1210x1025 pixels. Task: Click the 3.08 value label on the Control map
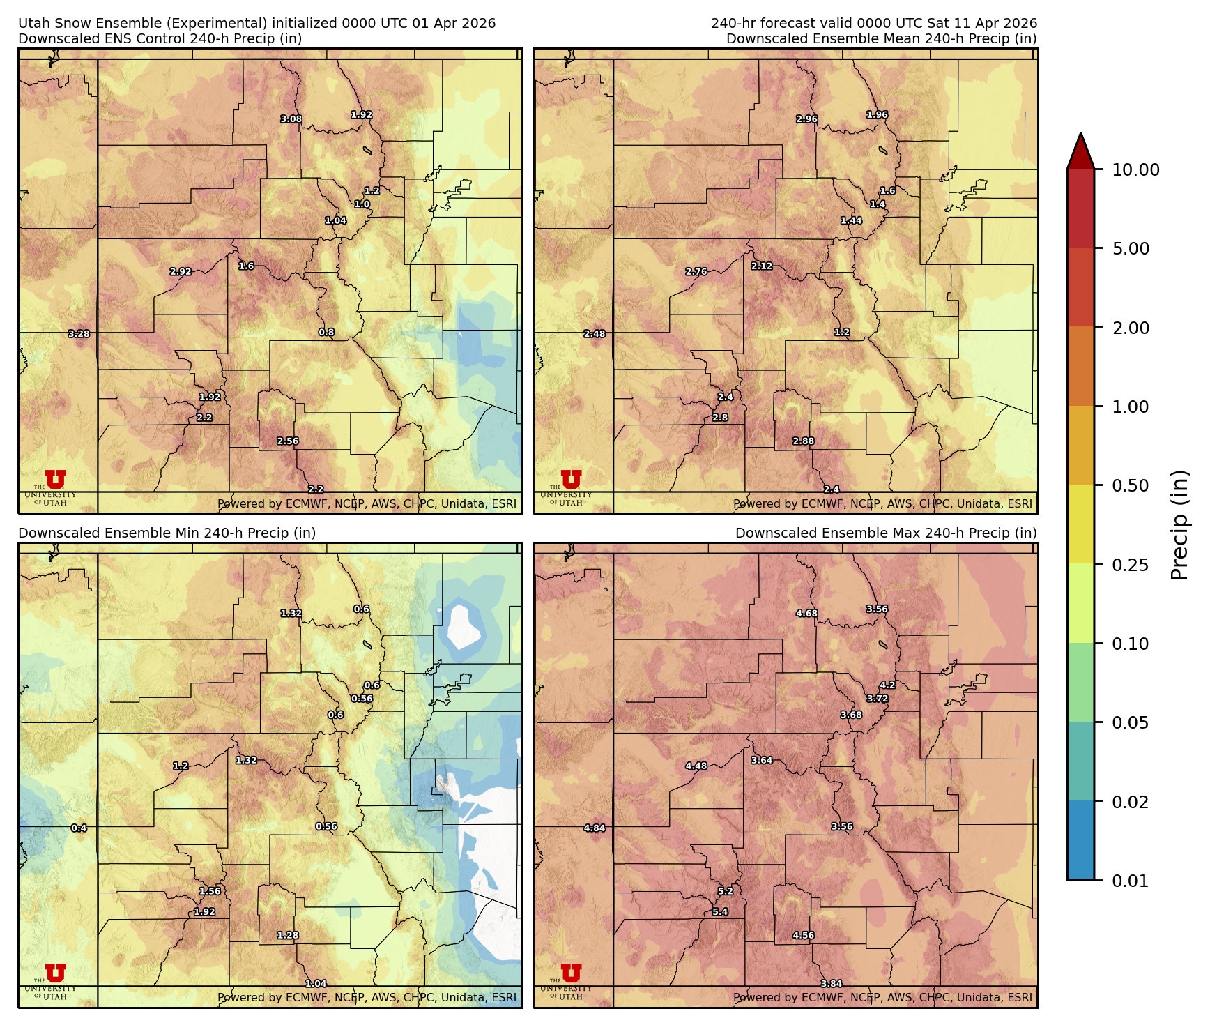[x=291, y=119]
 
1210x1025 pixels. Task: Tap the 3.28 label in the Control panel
[x=79, y=334]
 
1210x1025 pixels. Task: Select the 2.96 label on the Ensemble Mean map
[x=807, y=119]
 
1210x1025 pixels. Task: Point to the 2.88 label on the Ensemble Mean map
[x=804, y=441]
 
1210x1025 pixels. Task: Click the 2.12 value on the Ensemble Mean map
[x=762, y=266]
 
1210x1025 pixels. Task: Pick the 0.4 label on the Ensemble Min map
[x=79, y=828]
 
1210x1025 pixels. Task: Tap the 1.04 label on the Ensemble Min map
[x=316, y=984]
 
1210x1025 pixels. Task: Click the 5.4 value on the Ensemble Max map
[x=720, y=912]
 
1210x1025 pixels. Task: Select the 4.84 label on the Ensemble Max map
[x=595, y=828]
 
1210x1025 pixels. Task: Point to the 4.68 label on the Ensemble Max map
[x=807, y=614]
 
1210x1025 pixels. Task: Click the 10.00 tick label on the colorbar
[x=1135, y=170]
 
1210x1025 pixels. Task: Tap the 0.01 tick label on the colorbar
[x=1130, y=881]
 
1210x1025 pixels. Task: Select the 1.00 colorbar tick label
[x=1130, y=407]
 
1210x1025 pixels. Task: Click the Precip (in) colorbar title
[x=1179, y=525]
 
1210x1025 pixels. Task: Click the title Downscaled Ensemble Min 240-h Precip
[x=167, y=533]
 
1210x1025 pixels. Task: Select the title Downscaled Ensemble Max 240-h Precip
[x=886, y=533]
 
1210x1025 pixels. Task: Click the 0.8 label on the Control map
[x=326, y=333]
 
